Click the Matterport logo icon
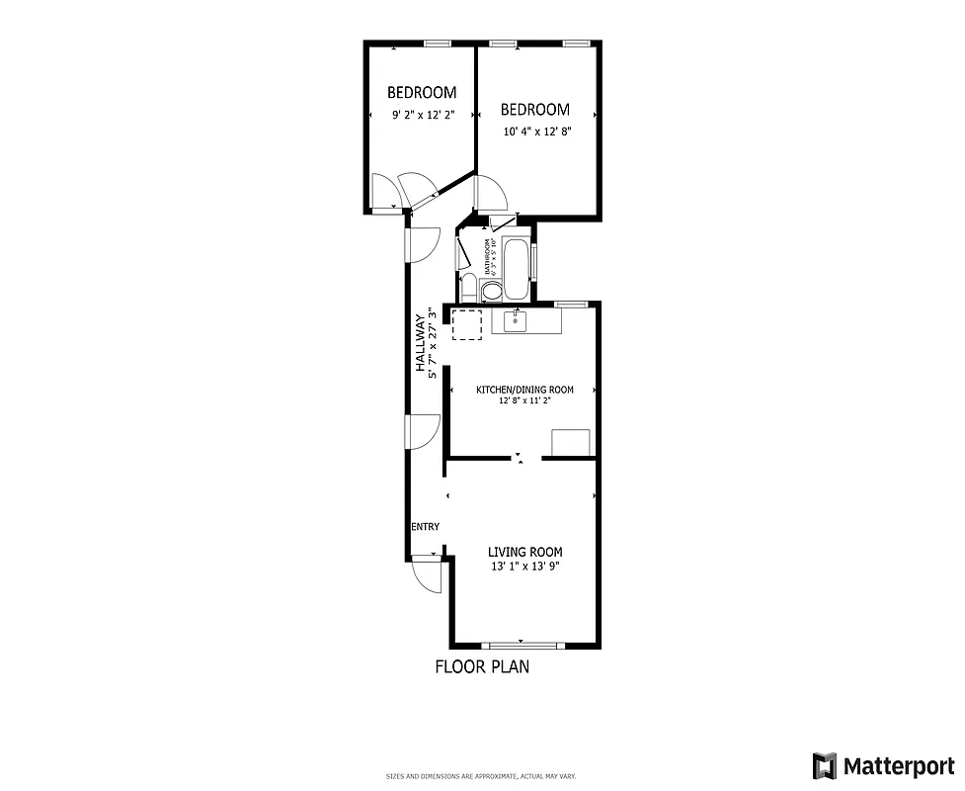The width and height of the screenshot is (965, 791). (825, 765)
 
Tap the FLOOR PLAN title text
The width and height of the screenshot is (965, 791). (482, 666)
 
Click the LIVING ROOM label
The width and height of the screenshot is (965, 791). (525, 552)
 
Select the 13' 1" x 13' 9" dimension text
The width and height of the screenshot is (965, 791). (525, 568)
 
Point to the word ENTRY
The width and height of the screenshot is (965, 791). (425, 527)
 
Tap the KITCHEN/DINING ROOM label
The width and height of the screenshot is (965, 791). (524, 390)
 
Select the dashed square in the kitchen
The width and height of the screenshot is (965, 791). (467, 323)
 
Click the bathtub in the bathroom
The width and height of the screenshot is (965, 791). (517, 267)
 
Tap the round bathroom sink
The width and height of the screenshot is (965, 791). (491, 291)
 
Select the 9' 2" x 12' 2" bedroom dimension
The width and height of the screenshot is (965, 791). (423, 115)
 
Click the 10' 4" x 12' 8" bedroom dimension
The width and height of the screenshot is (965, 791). (535, 132)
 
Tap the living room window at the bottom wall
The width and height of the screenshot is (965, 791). (522, 646)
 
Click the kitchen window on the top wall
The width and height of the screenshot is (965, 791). (570, 304)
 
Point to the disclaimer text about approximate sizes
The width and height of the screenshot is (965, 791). (481, 776)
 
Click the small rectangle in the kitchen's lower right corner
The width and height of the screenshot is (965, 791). (571, 443)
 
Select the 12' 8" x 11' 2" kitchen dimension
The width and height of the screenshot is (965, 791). (524, 401)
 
